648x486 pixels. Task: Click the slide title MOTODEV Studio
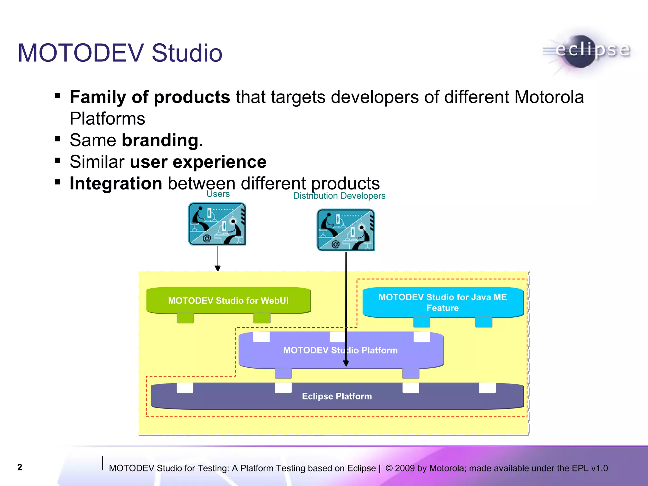click(x=120, y=53)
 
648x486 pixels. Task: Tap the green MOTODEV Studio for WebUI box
click(x=228, y=300)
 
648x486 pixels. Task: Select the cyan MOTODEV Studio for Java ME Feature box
click(x=442, y=302)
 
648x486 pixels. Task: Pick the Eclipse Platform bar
click(x=337, y=396)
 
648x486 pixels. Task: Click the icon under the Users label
click(x=217, y=224)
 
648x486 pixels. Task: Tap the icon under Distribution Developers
click(x=346, y=230)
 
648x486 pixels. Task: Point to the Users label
click(x=218, y=194)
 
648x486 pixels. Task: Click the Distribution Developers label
click(x=339, y=196)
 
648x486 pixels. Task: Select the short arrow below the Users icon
click(x=218, y=258)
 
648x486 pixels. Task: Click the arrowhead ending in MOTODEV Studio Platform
click(x=346, y=364)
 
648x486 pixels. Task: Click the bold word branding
click(x=160, y=140)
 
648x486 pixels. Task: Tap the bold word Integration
click(x=116, y=184)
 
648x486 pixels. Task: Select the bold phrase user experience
click(x=198, y=162)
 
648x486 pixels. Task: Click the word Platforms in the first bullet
click(x=107, y=119)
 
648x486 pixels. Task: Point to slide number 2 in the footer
click(x=20, y=467)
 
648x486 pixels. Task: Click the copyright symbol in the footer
click(x=389, y=468)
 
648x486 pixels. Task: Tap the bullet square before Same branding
click(x=58, y=139)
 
